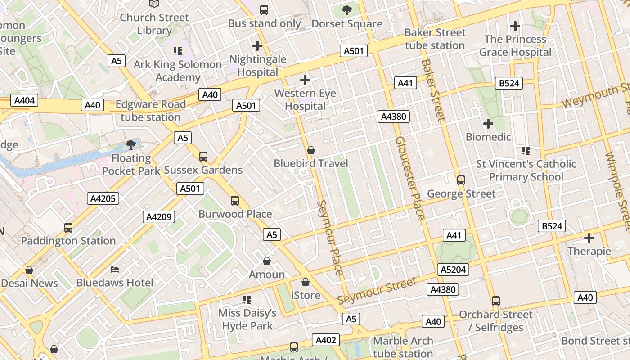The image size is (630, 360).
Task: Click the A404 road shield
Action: tap(24, 100)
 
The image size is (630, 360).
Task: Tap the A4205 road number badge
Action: tap(103, 198)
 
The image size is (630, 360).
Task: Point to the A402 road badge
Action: tap(326, 340)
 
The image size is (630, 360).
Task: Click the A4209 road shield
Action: tap(159, 217)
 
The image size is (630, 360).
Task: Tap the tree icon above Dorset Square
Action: tap(346, 10)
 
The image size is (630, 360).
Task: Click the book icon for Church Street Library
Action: tap(154, 4)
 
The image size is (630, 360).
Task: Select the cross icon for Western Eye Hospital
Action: tap(305, 81)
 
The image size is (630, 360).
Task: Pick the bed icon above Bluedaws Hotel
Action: tap(115, 270)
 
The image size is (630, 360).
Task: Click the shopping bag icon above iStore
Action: tap(306, 282)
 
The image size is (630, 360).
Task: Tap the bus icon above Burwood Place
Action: tap(235, 201)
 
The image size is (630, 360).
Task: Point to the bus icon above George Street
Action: tap(461, 180)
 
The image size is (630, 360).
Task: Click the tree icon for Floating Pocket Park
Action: tap(131, 145)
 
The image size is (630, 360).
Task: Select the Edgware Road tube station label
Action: tap(150, 111)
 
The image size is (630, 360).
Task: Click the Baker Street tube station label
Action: tap(435, 39)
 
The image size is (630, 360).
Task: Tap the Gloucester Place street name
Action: tap(409, 178)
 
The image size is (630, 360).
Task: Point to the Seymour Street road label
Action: tap(377, 291)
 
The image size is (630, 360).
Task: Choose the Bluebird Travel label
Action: tap(311, 163)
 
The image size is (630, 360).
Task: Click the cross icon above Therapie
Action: tap(589, 238)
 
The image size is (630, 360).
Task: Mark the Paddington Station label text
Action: tap(68, 241)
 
